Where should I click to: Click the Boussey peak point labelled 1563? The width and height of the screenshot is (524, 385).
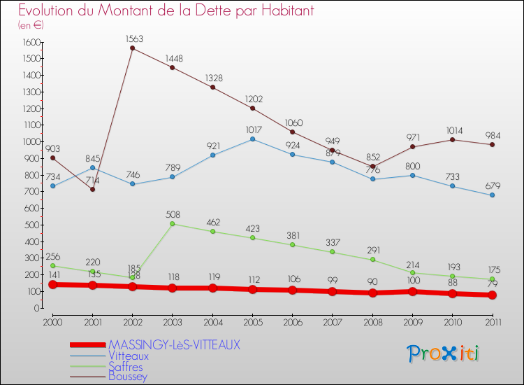coord(133,48)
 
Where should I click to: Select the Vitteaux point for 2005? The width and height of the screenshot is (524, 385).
coord(252,139)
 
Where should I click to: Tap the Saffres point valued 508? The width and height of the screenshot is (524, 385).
coord(173,224)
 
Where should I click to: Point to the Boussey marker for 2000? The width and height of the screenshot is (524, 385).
coord(53,157)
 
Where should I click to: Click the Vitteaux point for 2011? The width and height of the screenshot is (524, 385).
coord(492,195)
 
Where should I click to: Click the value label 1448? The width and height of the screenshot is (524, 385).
coord(173,58)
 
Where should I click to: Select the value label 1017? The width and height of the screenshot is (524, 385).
coord(252,129)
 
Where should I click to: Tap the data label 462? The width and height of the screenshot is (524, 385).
coord(212,222)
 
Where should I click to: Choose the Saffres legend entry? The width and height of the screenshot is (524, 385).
coord(126,366)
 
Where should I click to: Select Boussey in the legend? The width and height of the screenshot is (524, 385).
coord(128,376)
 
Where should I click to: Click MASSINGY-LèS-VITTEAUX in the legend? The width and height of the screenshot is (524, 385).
coord(174,344)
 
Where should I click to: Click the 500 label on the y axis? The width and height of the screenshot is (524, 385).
coord(31,225)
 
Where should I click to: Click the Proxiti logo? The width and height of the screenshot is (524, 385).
coord(443,353)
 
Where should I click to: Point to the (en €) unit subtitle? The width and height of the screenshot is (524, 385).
coord(31,25)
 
